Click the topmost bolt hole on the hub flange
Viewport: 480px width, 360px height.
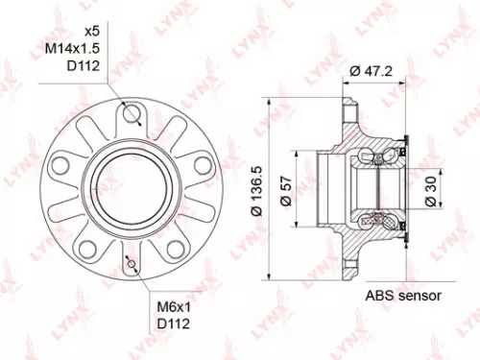pos(131,114)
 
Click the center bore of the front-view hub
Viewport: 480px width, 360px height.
pos(131,183)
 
